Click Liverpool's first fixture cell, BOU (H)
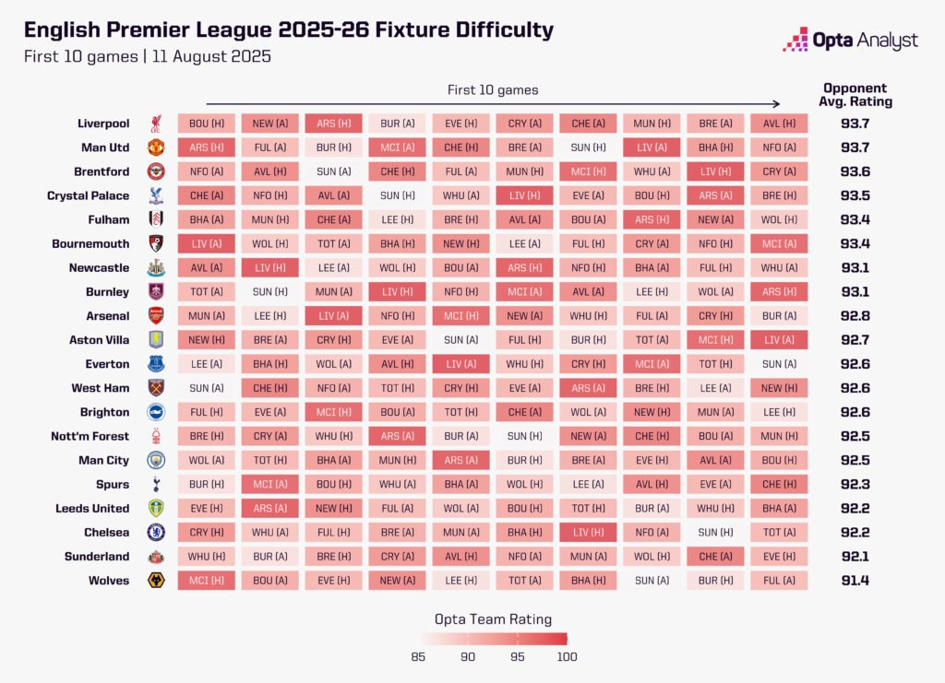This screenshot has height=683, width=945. click(x=207, y=124)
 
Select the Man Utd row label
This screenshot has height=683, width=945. click(x=103, y=147)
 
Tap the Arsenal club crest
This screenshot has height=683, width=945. click(x=156, y=316)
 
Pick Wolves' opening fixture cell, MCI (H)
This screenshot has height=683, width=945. click(x=207, y=581)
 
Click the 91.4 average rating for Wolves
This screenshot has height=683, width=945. click(x=854, y=581)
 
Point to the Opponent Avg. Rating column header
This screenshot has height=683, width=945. click(x=855, y=95)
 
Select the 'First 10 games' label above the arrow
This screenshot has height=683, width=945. click(x=493, y=89)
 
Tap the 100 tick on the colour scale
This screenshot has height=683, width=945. click(x=567, y=656)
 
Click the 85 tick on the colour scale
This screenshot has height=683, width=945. click(x=418, y=656)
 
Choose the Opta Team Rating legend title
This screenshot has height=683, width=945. click(x=493, y=619)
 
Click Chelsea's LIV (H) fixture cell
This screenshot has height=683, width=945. click(x=588, y=533)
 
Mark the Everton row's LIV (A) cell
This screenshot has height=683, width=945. click(x=461, y=364)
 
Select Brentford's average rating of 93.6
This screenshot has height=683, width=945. click(x=854, y=171)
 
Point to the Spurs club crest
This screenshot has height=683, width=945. click(x=156, y=485)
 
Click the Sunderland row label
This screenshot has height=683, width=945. click(x=97, y=557)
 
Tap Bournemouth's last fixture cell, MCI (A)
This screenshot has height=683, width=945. click(x=779, y=244)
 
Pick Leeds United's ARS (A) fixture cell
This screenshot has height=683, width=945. click(x=270, y=509)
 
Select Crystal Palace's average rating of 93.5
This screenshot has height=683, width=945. click(x=854, y=195)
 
